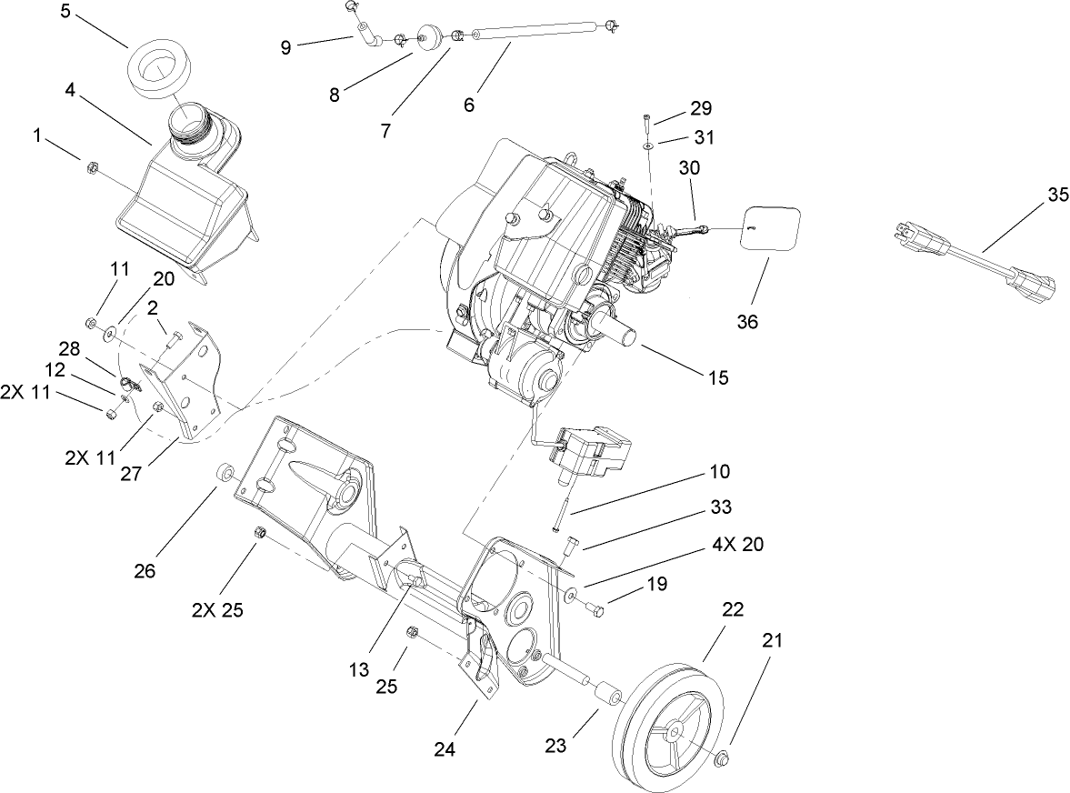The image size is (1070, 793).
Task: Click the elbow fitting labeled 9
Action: tap(367, 39)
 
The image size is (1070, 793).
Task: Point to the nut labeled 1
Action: tap(91, 167)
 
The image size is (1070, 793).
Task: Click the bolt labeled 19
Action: tap(597, 608)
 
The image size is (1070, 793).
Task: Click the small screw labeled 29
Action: tap(645, 120)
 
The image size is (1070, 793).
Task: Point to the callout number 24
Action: tap(445, 750)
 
